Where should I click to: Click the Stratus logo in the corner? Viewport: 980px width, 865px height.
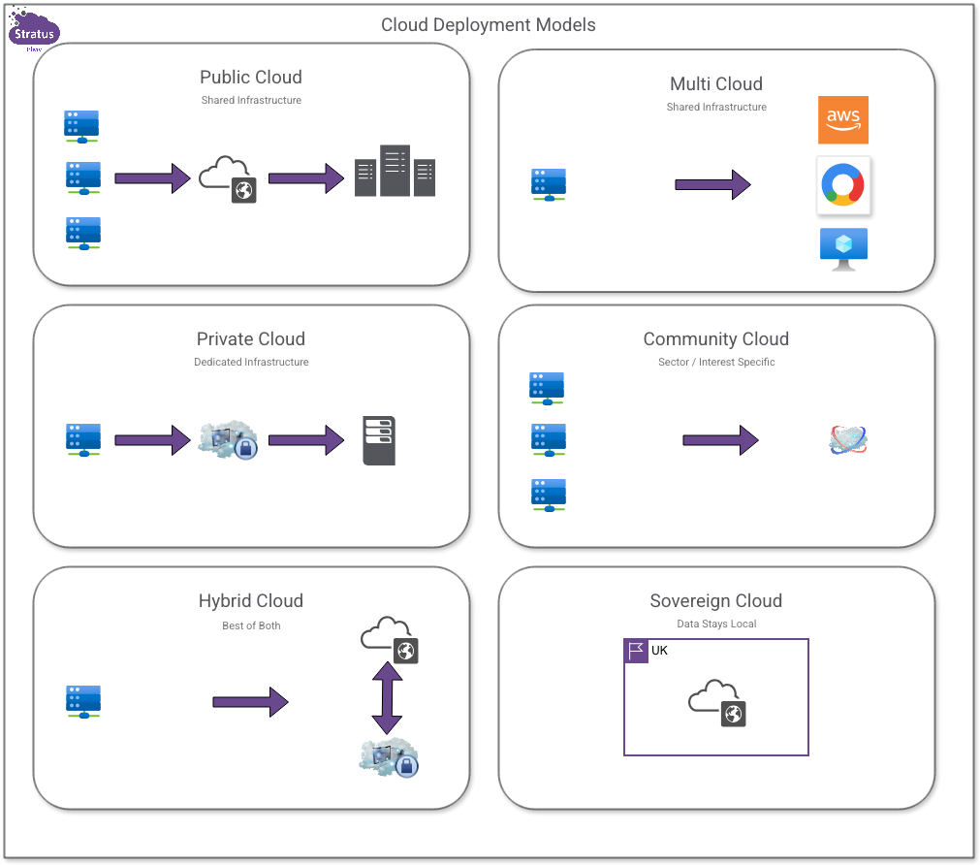coord(34,31)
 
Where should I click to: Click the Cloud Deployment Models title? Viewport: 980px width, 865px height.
coord(488,25)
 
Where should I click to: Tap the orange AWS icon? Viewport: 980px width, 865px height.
coord(842,119)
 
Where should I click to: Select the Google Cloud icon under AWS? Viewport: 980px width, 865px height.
coord(843,184)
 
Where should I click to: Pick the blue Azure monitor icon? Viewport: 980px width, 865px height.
coord(843,249)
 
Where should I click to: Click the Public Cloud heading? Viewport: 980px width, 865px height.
coord(251,78)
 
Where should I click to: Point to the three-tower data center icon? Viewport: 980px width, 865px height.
coord(395,172)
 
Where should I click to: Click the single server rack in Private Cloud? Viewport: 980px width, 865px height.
coord(379,440)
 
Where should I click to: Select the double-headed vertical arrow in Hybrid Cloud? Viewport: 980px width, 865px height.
coord(387,698)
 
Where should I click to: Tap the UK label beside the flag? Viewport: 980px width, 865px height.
coord(659,651)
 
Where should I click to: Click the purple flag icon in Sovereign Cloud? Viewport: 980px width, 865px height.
coord(636,651)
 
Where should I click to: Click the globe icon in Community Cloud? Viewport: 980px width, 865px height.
coord(848,440)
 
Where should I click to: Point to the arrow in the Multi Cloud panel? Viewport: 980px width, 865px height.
coord(712,184)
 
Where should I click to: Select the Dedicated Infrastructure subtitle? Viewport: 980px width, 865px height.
coord(251,363)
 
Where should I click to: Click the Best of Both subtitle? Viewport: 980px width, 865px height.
coord(251,625)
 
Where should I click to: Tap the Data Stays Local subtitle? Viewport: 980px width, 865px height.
coord(716,624)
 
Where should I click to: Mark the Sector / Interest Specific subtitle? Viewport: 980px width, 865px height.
coord(716,363)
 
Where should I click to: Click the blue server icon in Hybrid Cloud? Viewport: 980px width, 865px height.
coord(83,702)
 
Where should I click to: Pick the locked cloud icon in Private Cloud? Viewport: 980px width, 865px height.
coord(228,440)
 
